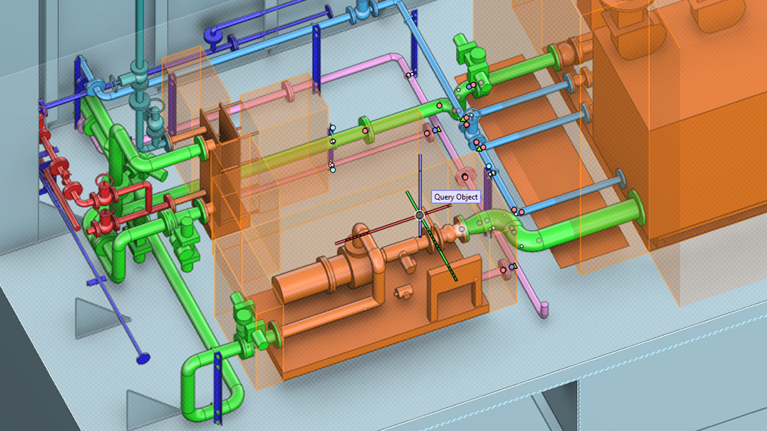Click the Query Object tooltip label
pos(456,197)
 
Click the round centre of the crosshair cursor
pos(419,215)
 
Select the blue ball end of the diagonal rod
pos(143,358)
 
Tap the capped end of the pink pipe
pos(544,310)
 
